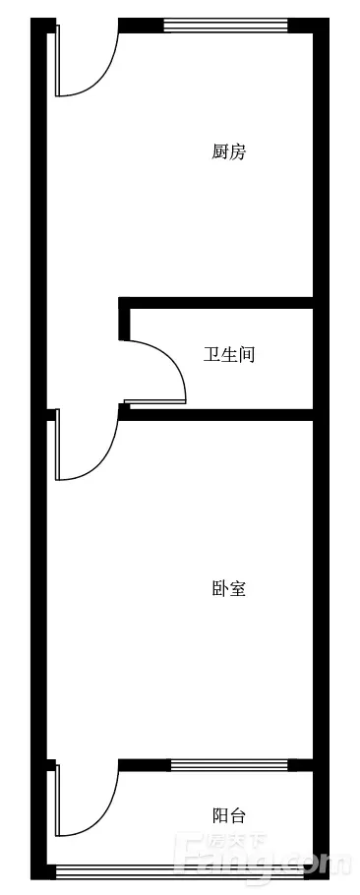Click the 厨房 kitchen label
pos(229,152)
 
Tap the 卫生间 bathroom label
pos(229,355)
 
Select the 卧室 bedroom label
pos(229,588)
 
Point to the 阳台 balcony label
pos(229,815)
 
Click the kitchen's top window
pos(226,26)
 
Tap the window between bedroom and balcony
pos(229,765)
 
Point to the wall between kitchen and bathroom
pos(215,303)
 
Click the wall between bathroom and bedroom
pos(215,415)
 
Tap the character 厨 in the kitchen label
pos(220,152)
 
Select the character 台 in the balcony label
pos(238,815)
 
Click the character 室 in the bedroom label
pos(238,588)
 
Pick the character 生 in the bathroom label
pos(229,355)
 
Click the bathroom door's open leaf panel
pos(155,402)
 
